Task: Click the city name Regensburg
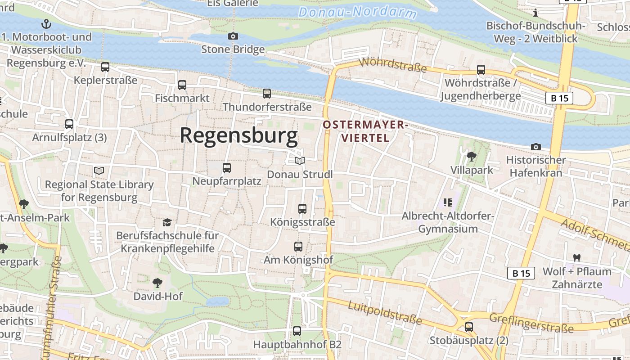click(239, 135)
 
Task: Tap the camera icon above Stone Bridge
click(233, 36)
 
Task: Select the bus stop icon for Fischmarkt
click(182, 85)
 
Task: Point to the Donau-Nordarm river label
click(357, 12)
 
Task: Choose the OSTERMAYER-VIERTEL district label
click(365, 131)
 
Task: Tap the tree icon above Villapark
click(472, 157)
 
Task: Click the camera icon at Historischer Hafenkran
click(535, 147)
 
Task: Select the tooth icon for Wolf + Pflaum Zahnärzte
click(576, 258)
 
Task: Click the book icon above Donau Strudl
click(300, 161)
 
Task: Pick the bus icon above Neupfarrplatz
click(227, 168)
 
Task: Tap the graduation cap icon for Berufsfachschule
click(167, 222)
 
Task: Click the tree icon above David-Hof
click(157, 283)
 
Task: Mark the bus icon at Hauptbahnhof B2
click(297, 331)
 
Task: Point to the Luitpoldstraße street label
click(385, 313)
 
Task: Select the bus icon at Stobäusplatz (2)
click(469, 327)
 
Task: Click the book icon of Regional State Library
click(99, 171)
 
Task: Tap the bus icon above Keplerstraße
click(105, 67)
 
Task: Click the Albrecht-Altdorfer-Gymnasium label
click(448, 222)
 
